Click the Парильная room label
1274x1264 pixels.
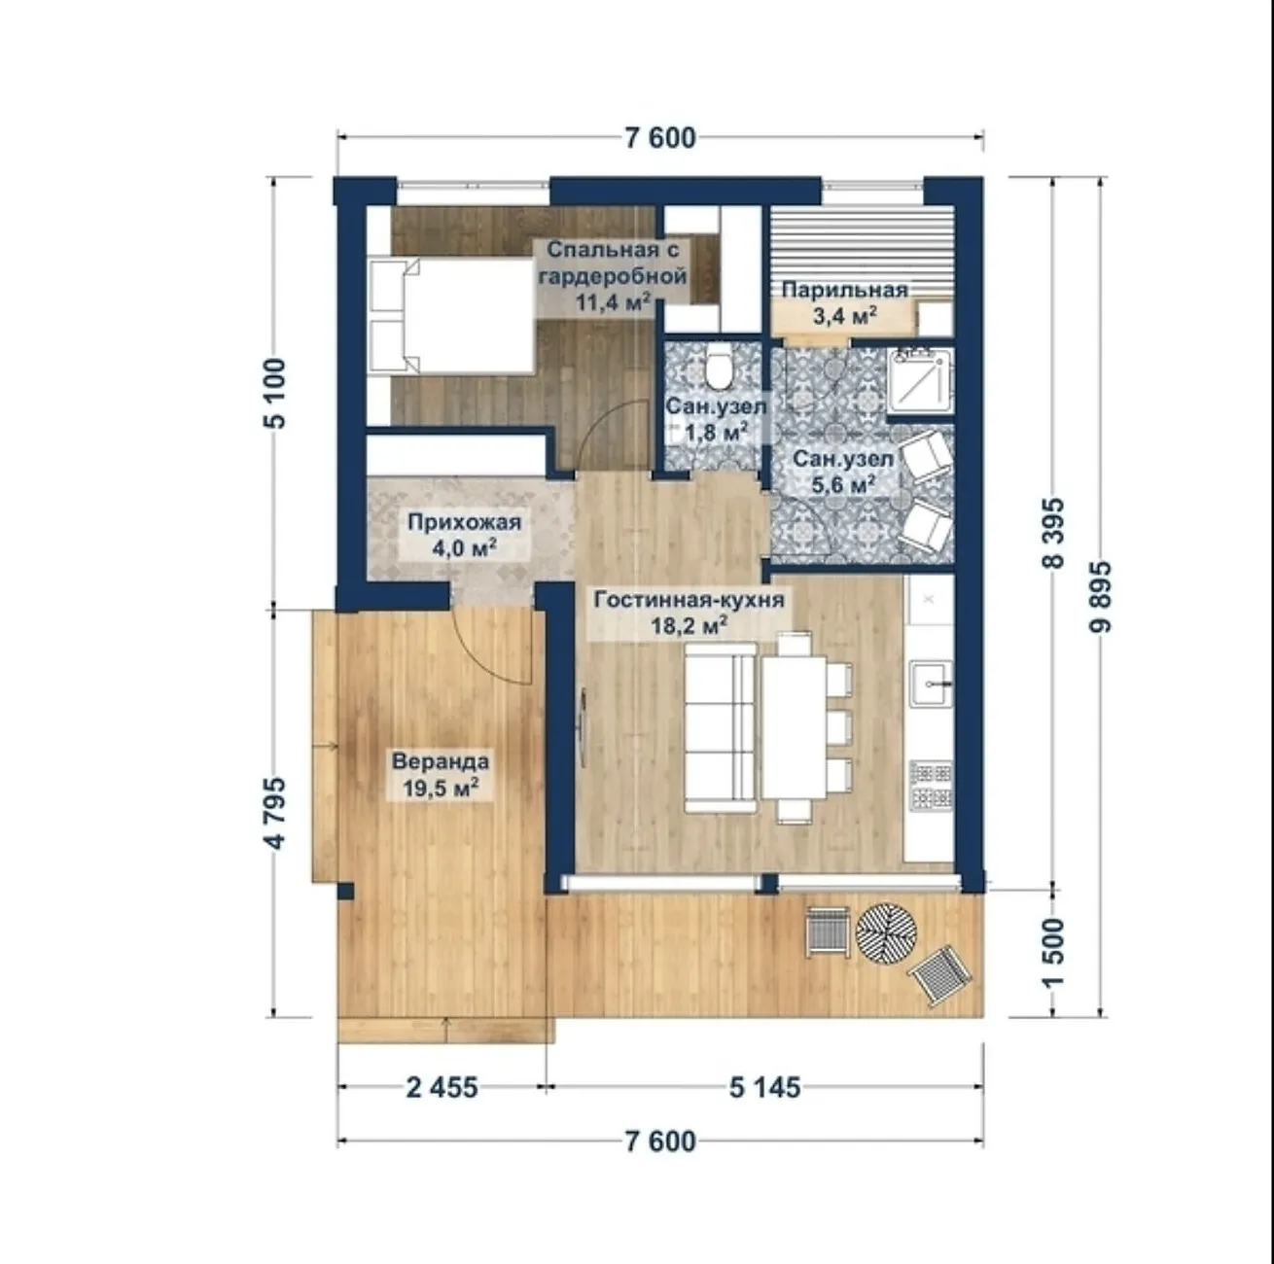coord(845,291)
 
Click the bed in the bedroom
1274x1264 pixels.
coord(451,317)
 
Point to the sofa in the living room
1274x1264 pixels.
coord(720,727)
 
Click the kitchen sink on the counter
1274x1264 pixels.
coord(931,684)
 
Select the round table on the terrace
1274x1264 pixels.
coord(886,932)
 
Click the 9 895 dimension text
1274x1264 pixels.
coord(1100,597)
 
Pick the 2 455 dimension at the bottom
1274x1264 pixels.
coord(442,1087)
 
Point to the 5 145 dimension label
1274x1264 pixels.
coord(765,1087)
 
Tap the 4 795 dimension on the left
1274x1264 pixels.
coord(274,813)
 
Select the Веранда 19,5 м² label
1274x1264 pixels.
coord(441,775)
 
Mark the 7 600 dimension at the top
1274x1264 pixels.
coord(660,138)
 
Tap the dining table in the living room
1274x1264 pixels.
coord(794,727)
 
